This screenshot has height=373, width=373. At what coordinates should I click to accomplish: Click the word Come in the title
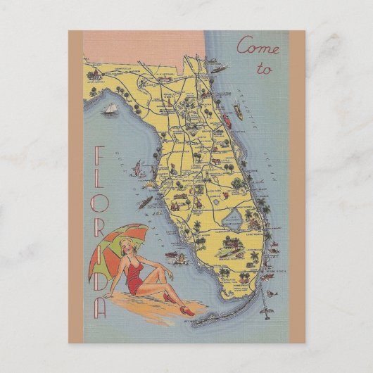258,48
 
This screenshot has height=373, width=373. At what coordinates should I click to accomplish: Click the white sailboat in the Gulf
111,110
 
